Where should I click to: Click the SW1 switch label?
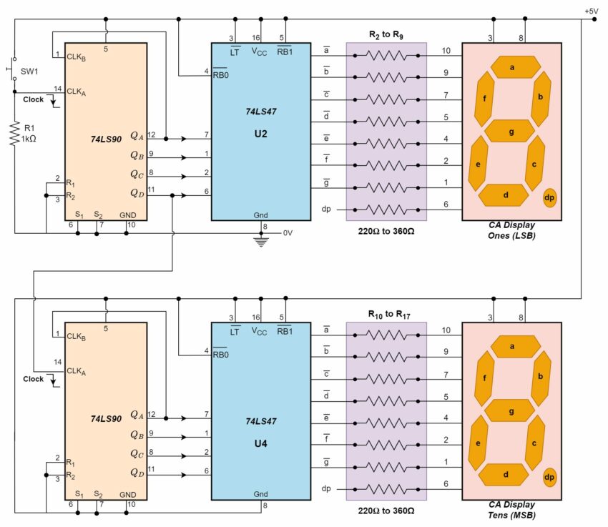(29, 72)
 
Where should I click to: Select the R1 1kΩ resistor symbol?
(14, 133)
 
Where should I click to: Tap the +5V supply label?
(591, 11)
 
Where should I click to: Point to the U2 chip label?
(260, 132)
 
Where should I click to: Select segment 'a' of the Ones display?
(512, 67)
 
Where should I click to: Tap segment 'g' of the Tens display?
(511, 411)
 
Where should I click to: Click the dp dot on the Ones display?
(550, 197)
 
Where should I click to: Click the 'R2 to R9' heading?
(386, 35)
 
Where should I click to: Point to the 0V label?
(288, 233)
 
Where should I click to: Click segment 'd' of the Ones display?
(506, 194)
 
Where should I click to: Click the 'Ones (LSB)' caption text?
(511, 235)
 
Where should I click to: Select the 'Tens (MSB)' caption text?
(511, 514)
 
